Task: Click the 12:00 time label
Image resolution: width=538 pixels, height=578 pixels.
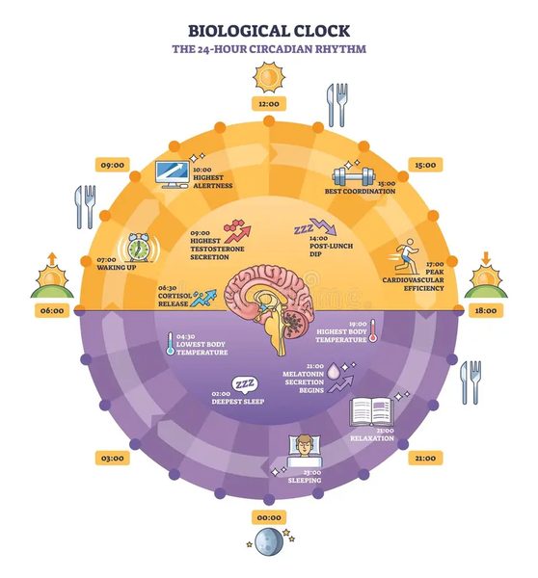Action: (269, 104)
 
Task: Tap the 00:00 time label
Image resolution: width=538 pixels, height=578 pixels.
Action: (269, 517)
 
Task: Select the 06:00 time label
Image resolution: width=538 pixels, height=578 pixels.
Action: (52, 310)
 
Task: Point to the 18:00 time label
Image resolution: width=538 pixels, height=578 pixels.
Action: (486, 310)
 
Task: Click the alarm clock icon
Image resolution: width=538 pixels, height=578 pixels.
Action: (139, 248)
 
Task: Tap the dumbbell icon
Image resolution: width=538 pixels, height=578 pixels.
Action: (354, 176)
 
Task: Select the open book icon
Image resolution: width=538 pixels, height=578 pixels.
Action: (371, 411)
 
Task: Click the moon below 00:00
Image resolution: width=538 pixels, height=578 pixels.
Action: (269, 541)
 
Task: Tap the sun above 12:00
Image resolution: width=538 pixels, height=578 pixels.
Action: (269, 77)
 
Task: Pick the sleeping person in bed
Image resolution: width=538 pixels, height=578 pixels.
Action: (304, 452)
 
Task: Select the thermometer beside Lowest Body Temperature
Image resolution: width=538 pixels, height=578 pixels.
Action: (170, 344)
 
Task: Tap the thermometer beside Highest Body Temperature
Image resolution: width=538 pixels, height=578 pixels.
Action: (373, 330)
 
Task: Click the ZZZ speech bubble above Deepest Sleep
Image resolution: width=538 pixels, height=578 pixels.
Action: (245, 384)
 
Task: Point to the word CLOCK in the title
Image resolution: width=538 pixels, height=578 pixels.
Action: (319, 31)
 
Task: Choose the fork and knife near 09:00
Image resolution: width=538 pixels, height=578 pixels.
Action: (86, 207)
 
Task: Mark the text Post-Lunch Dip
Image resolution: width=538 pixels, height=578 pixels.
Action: (331, 250)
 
